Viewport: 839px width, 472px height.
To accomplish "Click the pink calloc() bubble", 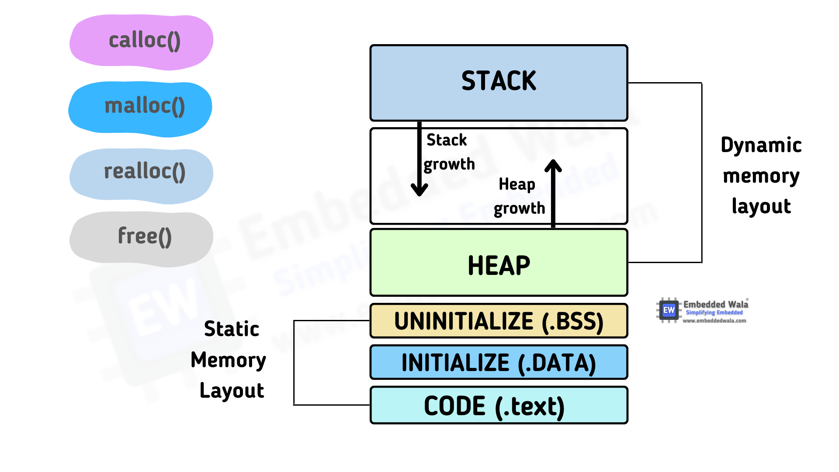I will point(142,42).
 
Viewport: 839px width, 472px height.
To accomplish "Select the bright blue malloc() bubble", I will point(141,108).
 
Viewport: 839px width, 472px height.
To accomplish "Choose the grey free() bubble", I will point(142,238).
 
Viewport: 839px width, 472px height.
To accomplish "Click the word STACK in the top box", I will point(499,81).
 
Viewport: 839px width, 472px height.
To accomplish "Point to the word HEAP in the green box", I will point(499,265).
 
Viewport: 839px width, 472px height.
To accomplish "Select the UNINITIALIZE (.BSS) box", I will point(499,321).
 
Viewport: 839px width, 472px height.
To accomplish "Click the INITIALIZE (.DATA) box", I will point(499,363).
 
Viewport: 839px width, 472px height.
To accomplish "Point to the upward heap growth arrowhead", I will point(553,165).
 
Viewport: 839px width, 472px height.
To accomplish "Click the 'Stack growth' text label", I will point(448,152).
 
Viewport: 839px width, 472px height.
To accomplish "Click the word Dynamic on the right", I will point(761,146).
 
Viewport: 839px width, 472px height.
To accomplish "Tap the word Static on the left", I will point(232,329).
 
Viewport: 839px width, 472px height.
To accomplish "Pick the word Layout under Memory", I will point(232,391).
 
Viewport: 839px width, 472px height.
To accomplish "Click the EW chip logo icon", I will point(669,310).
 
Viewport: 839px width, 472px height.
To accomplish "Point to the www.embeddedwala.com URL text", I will point(714,321).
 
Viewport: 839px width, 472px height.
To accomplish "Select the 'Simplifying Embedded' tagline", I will point(714,312).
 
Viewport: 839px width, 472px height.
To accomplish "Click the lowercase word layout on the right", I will point(761,206).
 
